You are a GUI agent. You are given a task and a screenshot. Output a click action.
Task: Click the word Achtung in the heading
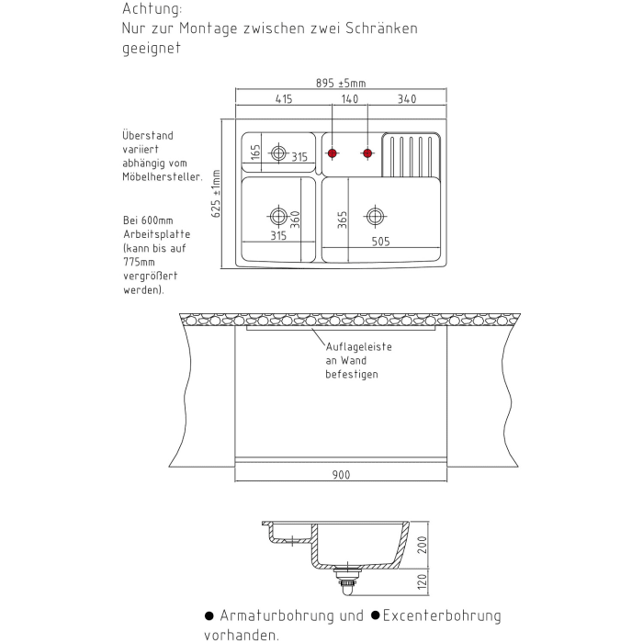coord(152,9)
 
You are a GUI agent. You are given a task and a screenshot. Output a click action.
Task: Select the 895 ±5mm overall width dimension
coord(340,83)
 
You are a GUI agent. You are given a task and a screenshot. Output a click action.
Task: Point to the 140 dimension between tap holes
coord(350,99)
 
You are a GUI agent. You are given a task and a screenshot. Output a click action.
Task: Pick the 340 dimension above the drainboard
coord(407,99)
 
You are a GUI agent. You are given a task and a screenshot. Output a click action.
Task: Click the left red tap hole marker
coord(333,152)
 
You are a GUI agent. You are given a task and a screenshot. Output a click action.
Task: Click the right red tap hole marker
coord(367,152)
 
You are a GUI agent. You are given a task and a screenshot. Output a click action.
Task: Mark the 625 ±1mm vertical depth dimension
coord(217,193)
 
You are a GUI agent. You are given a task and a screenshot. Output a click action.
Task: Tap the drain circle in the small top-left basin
coord(278,153)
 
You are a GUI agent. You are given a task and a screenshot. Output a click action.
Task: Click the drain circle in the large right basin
coord(374,217)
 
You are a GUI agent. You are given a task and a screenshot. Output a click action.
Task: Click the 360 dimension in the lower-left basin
coord(295,220)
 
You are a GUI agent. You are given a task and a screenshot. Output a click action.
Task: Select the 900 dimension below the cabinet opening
coord(340,476)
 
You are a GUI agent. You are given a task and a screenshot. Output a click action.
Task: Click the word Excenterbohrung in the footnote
coord(442,615)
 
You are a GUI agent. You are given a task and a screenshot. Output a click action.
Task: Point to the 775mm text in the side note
coord(137,261)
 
